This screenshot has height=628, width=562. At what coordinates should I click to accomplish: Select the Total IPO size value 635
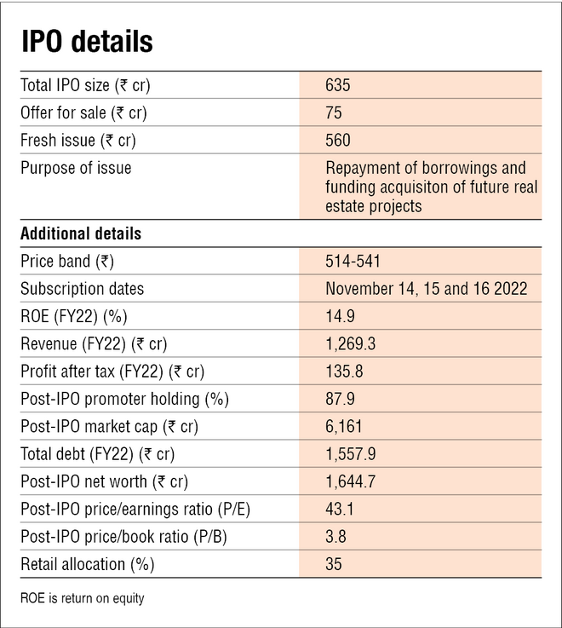[338, 85]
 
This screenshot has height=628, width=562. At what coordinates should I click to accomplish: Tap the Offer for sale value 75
[334, 112]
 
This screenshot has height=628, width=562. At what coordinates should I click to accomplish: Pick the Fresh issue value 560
[338, 141]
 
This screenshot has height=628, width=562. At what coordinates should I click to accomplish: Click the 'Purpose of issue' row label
[76, 168]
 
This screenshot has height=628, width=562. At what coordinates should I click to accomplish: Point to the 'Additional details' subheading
[81, 233]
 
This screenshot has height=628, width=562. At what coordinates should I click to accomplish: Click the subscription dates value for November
[426, 289]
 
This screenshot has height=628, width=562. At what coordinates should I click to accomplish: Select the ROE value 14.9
[340, 316]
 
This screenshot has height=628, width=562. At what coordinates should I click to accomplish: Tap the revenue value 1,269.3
[349, 344]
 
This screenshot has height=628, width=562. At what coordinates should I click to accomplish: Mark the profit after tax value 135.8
[343, 372]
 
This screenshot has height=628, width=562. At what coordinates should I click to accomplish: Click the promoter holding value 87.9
[340, 399]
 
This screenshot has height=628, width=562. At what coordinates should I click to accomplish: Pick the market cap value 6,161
[344, 426]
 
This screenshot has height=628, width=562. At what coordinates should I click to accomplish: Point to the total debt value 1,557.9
[350, 454]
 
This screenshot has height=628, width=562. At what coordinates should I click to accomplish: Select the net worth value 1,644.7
[350, 481]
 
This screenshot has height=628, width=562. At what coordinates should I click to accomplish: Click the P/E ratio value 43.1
[340, 510]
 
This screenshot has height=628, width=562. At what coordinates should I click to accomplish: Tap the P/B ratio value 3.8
[335, 537]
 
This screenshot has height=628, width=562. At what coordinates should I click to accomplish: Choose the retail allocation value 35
[334, 564]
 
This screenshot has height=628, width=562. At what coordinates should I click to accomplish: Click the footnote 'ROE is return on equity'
[83, 598]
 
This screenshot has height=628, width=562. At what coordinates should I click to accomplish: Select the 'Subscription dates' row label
[83, 289]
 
